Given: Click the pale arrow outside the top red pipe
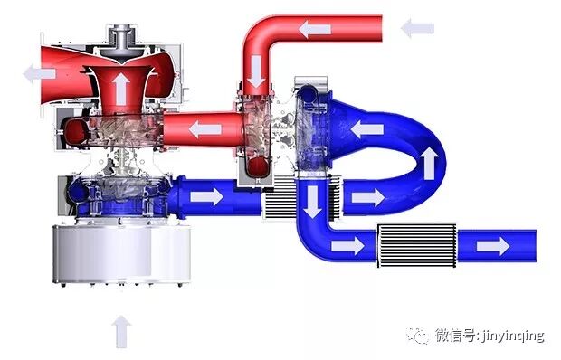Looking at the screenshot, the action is [417, 28].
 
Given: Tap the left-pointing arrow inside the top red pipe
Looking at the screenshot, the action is [315, 29].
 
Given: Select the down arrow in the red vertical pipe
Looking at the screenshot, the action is [256, 71].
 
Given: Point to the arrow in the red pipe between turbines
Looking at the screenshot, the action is [205, 129].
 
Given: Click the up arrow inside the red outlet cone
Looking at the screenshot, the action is [120, 89].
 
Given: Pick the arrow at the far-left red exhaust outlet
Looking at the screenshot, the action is [39, 73].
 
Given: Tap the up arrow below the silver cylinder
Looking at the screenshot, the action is [121, 331].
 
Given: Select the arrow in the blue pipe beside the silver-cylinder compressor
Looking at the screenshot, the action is [207, 197].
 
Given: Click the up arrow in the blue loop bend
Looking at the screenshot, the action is [429, 163].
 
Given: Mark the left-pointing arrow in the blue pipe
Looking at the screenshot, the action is [367, 128].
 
